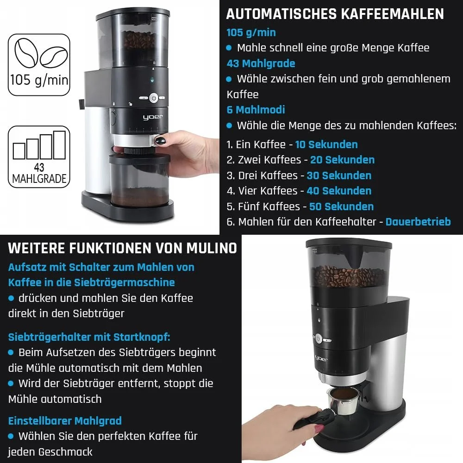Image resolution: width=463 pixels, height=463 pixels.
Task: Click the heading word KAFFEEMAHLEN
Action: point(393,14)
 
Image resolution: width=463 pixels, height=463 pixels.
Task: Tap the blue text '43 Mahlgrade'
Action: point(261,63)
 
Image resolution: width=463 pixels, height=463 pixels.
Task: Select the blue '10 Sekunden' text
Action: point(326,144)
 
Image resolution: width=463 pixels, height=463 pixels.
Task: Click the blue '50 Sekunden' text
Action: point(341,206)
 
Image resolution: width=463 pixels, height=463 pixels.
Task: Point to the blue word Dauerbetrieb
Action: point(418,222)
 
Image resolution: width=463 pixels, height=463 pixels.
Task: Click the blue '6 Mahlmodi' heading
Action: point(256,110)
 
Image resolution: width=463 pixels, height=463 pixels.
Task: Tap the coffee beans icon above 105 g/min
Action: point(40,54)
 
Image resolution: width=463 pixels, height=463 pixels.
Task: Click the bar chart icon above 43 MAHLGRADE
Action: point(39,145)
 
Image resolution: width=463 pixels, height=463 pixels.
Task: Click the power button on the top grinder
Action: point(153,98)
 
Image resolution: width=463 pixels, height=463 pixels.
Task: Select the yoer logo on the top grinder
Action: point(153,117)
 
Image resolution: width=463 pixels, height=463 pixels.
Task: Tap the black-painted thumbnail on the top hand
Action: point(161,140)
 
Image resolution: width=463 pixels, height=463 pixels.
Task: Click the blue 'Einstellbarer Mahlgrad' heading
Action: point(65,421)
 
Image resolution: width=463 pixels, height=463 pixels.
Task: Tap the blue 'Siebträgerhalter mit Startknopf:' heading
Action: point(89,337)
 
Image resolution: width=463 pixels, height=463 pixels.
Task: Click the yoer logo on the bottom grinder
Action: point(321,358)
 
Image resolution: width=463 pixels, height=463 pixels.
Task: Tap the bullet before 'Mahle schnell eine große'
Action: point(229,48)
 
